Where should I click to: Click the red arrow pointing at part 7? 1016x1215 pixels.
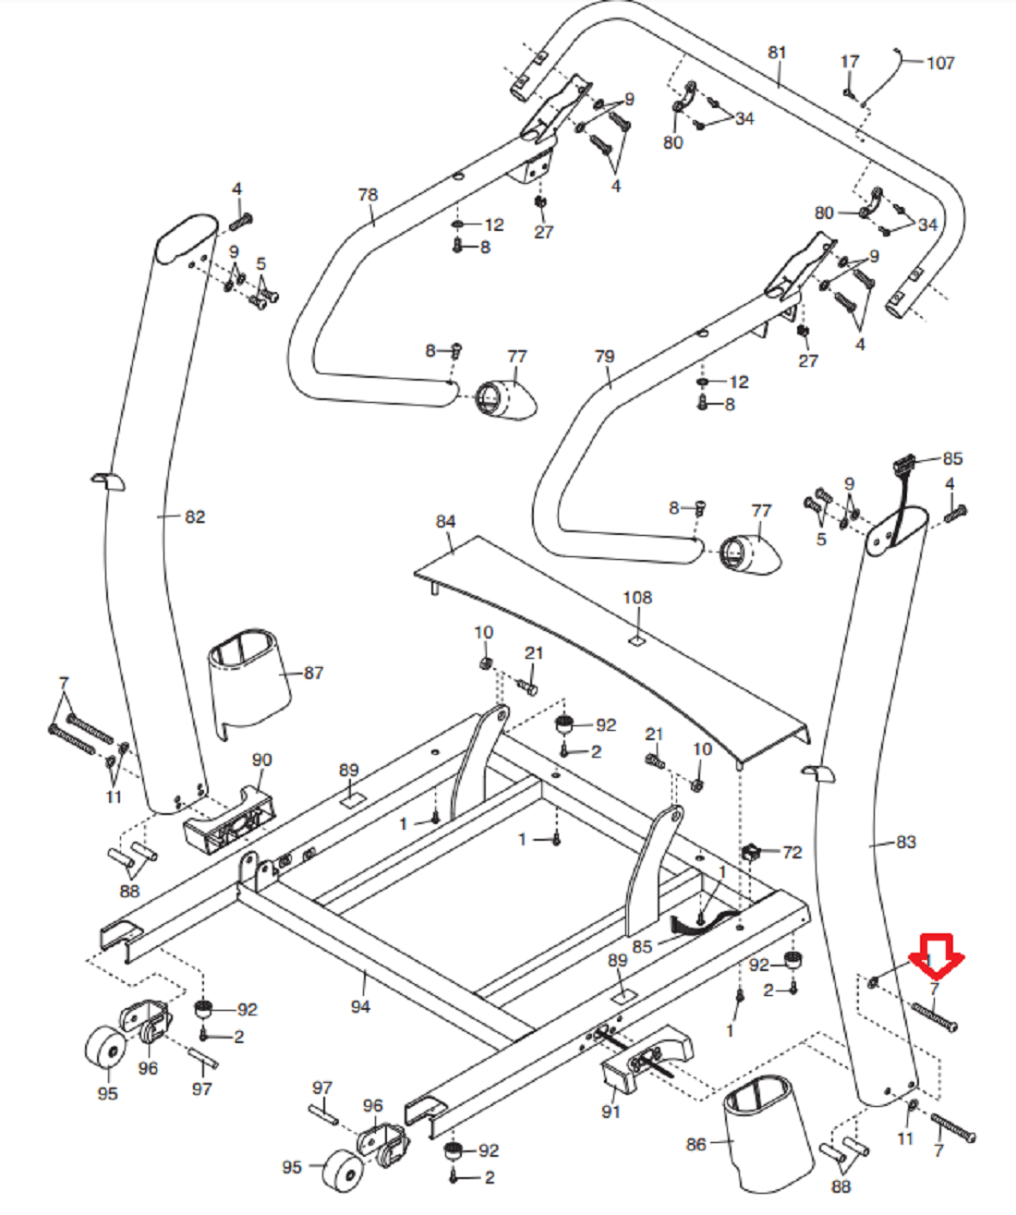937,957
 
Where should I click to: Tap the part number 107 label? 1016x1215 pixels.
940,63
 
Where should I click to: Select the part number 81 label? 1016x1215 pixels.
777,53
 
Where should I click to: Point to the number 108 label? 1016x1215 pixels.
637,598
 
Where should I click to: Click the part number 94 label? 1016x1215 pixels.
360,1006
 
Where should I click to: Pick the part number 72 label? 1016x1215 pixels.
792,852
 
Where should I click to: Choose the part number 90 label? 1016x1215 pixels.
262,759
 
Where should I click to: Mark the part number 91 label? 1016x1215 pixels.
611,1112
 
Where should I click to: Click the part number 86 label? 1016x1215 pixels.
696,1145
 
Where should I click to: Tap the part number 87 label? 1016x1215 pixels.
314,673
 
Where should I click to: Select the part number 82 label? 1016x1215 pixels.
195,516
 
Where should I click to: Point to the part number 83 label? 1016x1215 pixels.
906,842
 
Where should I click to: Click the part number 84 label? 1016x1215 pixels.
446,522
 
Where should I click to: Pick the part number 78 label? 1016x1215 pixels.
368,195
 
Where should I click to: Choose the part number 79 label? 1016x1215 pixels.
605,356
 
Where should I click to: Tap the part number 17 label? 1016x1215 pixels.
850,62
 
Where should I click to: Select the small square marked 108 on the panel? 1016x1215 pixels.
636,639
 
